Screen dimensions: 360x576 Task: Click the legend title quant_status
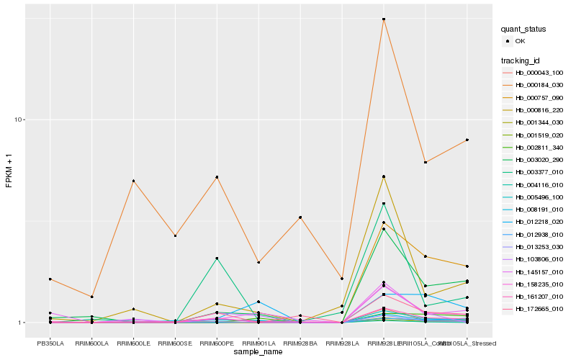pyautogui.click(x=524, y=29)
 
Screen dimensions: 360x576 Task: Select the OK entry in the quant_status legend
pyautogui.click(x=520, y=41)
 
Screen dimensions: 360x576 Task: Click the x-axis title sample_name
pyautogui.click(x=258, y=351)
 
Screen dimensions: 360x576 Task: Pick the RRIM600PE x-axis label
pyautogui.click(x=217, y=343)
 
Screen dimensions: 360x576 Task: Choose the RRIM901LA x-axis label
pyautogui.click(x=258, y=343)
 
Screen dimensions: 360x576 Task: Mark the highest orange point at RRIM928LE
pyautogui.click(x=384, y=19)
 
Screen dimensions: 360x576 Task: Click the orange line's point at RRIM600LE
pyautogui.click(x=133, y=181)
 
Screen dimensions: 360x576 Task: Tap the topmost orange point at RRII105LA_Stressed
pyautogui.click(x=467, y=140)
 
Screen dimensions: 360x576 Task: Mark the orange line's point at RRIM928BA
pyautogui.click(x=300, y=217)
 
